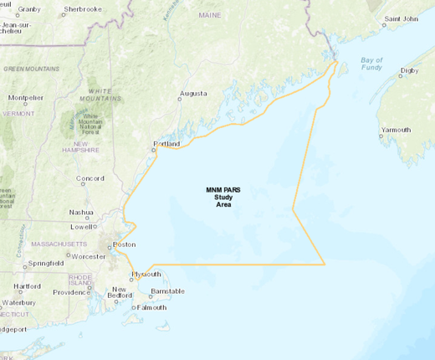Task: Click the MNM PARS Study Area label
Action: tap(223, 198)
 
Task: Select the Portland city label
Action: tap(166, 144)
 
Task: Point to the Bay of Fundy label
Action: tap(371, 64)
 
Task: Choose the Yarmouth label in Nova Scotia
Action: tap(396, 130)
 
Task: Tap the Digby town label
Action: tap(410, 71)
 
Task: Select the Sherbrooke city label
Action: tap(83, 8)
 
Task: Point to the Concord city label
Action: tap(90, 178)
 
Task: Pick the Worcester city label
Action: tap(89, 255)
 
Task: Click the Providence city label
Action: tap(71, 292)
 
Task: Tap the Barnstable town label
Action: tap(166, 291)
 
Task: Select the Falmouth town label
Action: tap(151, 307)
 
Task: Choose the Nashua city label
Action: tap(81, 212)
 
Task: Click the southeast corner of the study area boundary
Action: tap(325, 265)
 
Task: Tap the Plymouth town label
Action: tap(146, 274)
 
